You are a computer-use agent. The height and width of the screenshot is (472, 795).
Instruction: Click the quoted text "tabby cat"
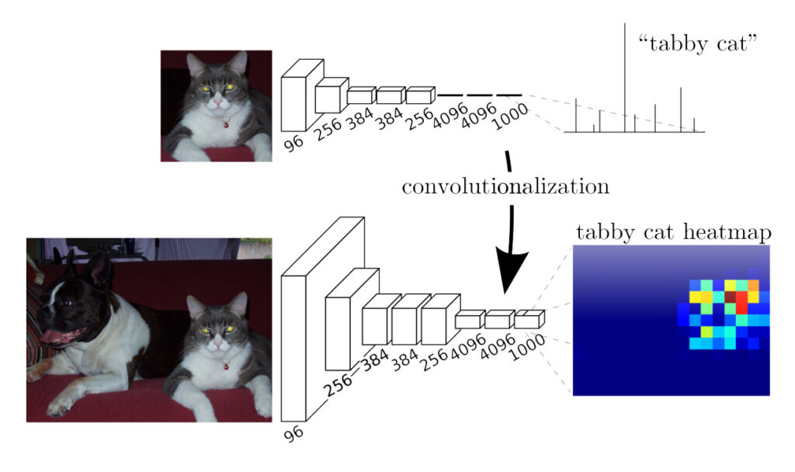tap(697, 43)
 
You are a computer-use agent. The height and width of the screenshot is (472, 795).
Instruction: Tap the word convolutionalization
tap(505, 186)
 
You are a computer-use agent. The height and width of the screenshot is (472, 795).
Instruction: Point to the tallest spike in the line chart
tap(625, 77)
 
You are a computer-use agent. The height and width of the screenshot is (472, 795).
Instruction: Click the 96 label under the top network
tap(293, 143)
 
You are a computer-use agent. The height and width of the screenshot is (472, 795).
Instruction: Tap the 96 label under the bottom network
tap(293, 433)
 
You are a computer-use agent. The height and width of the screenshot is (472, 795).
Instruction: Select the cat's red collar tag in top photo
tap(226, 123)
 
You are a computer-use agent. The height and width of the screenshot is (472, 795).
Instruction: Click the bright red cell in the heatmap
tap(741, 302)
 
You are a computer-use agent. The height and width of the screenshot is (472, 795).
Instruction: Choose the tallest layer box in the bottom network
tap(322, 319)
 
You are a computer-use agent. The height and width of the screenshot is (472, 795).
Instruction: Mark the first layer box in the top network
tap(302, 95)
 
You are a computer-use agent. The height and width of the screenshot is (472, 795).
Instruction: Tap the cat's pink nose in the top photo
tap(218, 102)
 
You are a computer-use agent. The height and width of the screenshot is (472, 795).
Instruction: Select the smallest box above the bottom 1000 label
tap(529, 319)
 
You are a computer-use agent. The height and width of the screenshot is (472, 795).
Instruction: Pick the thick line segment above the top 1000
tap(509, 95)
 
